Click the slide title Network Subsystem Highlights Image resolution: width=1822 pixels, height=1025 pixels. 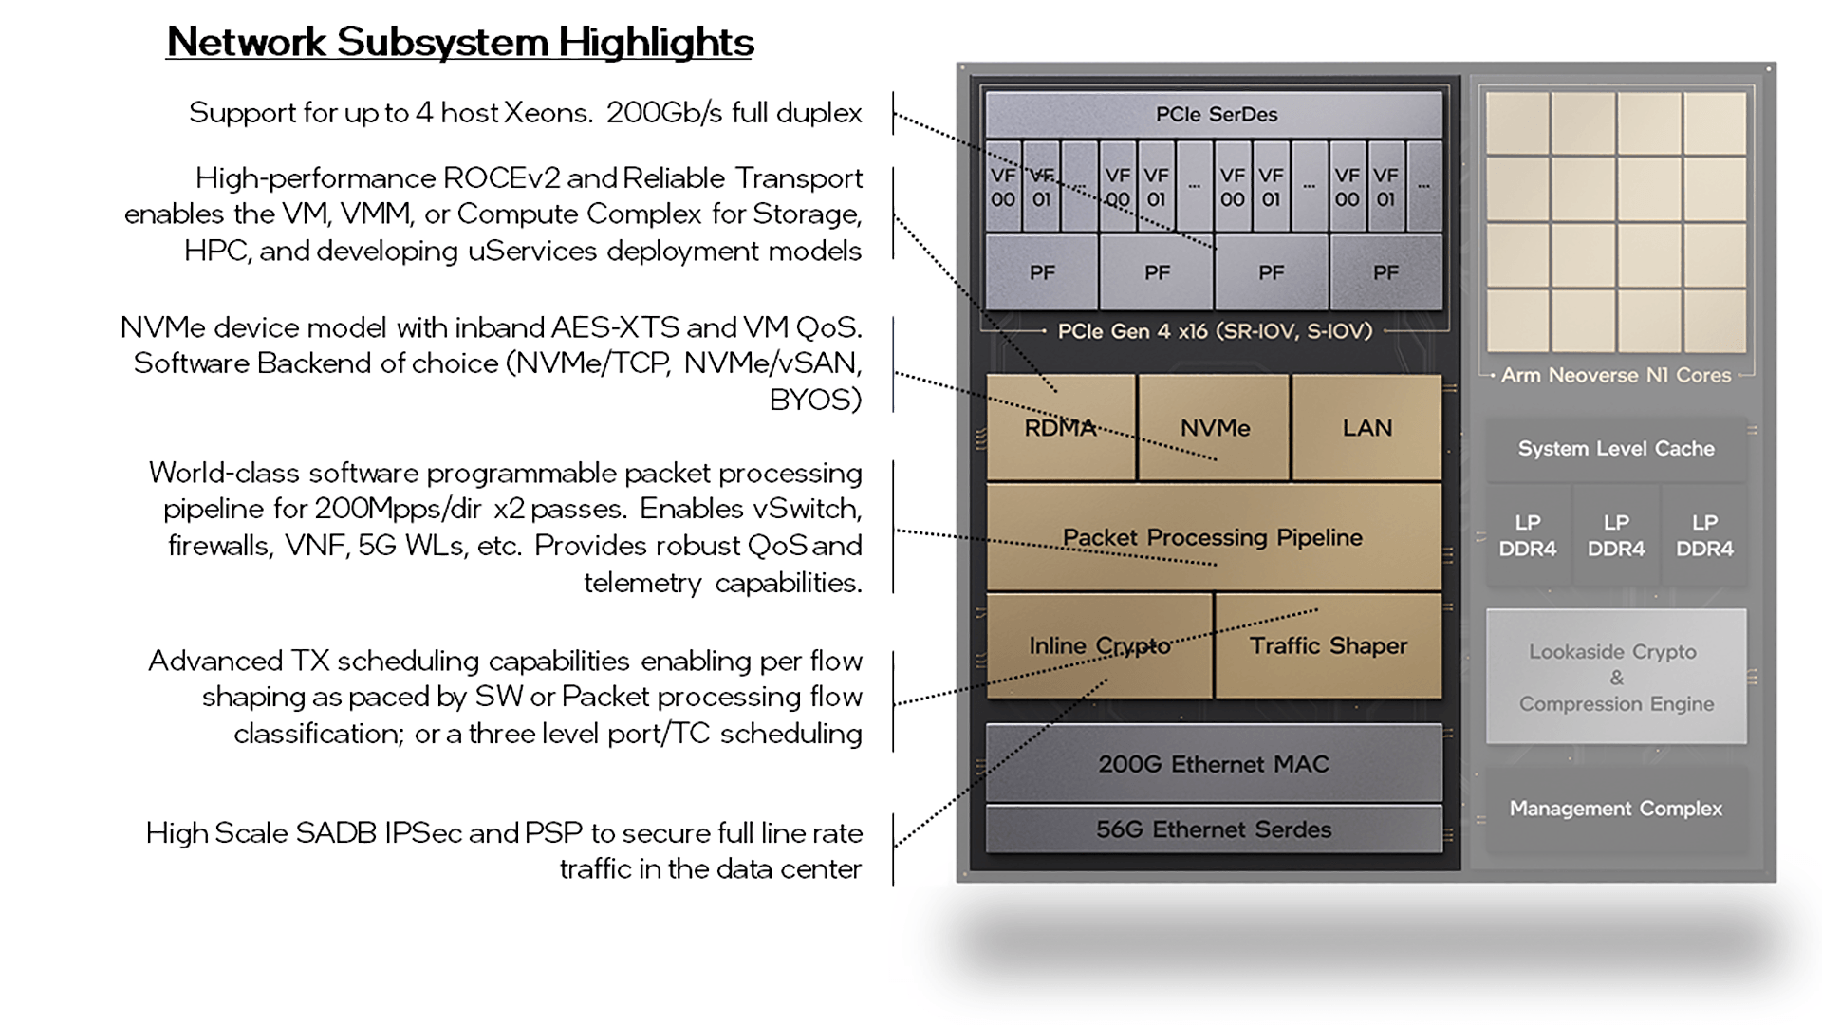(460, 43)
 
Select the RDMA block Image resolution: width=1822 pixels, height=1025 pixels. (1060, 428)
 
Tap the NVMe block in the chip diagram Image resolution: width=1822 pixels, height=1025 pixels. (1215, 428)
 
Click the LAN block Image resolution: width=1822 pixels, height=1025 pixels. (1366, 428)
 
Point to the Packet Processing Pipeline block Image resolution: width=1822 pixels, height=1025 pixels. (1213, 537)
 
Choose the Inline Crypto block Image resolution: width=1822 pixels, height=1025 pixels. (1099, 646)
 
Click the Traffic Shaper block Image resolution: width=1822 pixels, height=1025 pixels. (1328, 646)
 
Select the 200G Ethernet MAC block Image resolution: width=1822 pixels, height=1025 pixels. (1213, 764)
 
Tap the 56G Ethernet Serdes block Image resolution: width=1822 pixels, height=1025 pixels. (1213, 829)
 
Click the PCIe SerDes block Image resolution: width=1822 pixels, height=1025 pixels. (1216, 115)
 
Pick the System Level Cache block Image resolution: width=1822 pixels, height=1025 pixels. (1615, 449)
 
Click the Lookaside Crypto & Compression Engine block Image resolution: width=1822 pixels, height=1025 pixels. (1616, 678)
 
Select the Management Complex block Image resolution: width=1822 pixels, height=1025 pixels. (1615, 809)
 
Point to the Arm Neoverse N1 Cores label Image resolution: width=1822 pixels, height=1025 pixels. (1615, 375)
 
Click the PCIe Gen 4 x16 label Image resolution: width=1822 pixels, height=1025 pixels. (1215, 331)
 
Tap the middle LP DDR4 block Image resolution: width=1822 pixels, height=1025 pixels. (1615, 536)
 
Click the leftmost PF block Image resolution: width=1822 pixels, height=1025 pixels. (1042, 272)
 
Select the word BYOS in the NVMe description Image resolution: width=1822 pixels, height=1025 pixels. (815, 401)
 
